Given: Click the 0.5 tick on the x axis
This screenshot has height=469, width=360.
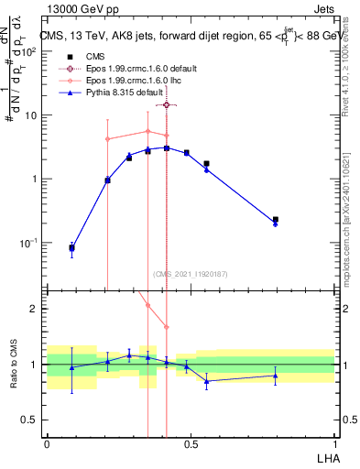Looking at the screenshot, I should [x=191, y=443].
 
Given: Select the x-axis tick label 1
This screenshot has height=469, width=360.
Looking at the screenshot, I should [x=334, y=443].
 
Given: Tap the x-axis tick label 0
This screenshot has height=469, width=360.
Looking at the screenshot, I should [x=47, y=443].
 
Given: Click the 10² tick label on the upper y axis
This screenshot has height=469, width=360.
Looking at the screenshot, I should [x=33, y=51].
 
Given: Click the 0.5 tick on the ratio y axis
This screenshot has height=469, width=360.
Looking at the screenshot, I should [x=33, y=420].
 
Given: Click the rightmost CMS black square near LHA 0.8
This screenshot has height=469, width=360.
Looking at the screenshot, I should [x=276, y=220].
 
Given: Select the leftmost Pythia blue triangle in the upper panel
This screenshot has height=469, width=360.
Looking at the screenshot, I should [x=72, y=248].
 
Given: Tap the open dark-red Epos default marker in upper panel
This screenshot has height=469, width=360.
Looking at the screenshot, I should [x=166, y=105].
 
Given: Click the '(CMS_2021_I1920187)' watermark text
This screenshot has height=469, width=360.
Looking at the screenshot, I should [x=190, y=273].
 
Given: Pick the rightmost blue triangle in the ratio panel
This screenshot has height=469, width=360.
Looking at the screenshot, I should [x=276, y=376].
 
